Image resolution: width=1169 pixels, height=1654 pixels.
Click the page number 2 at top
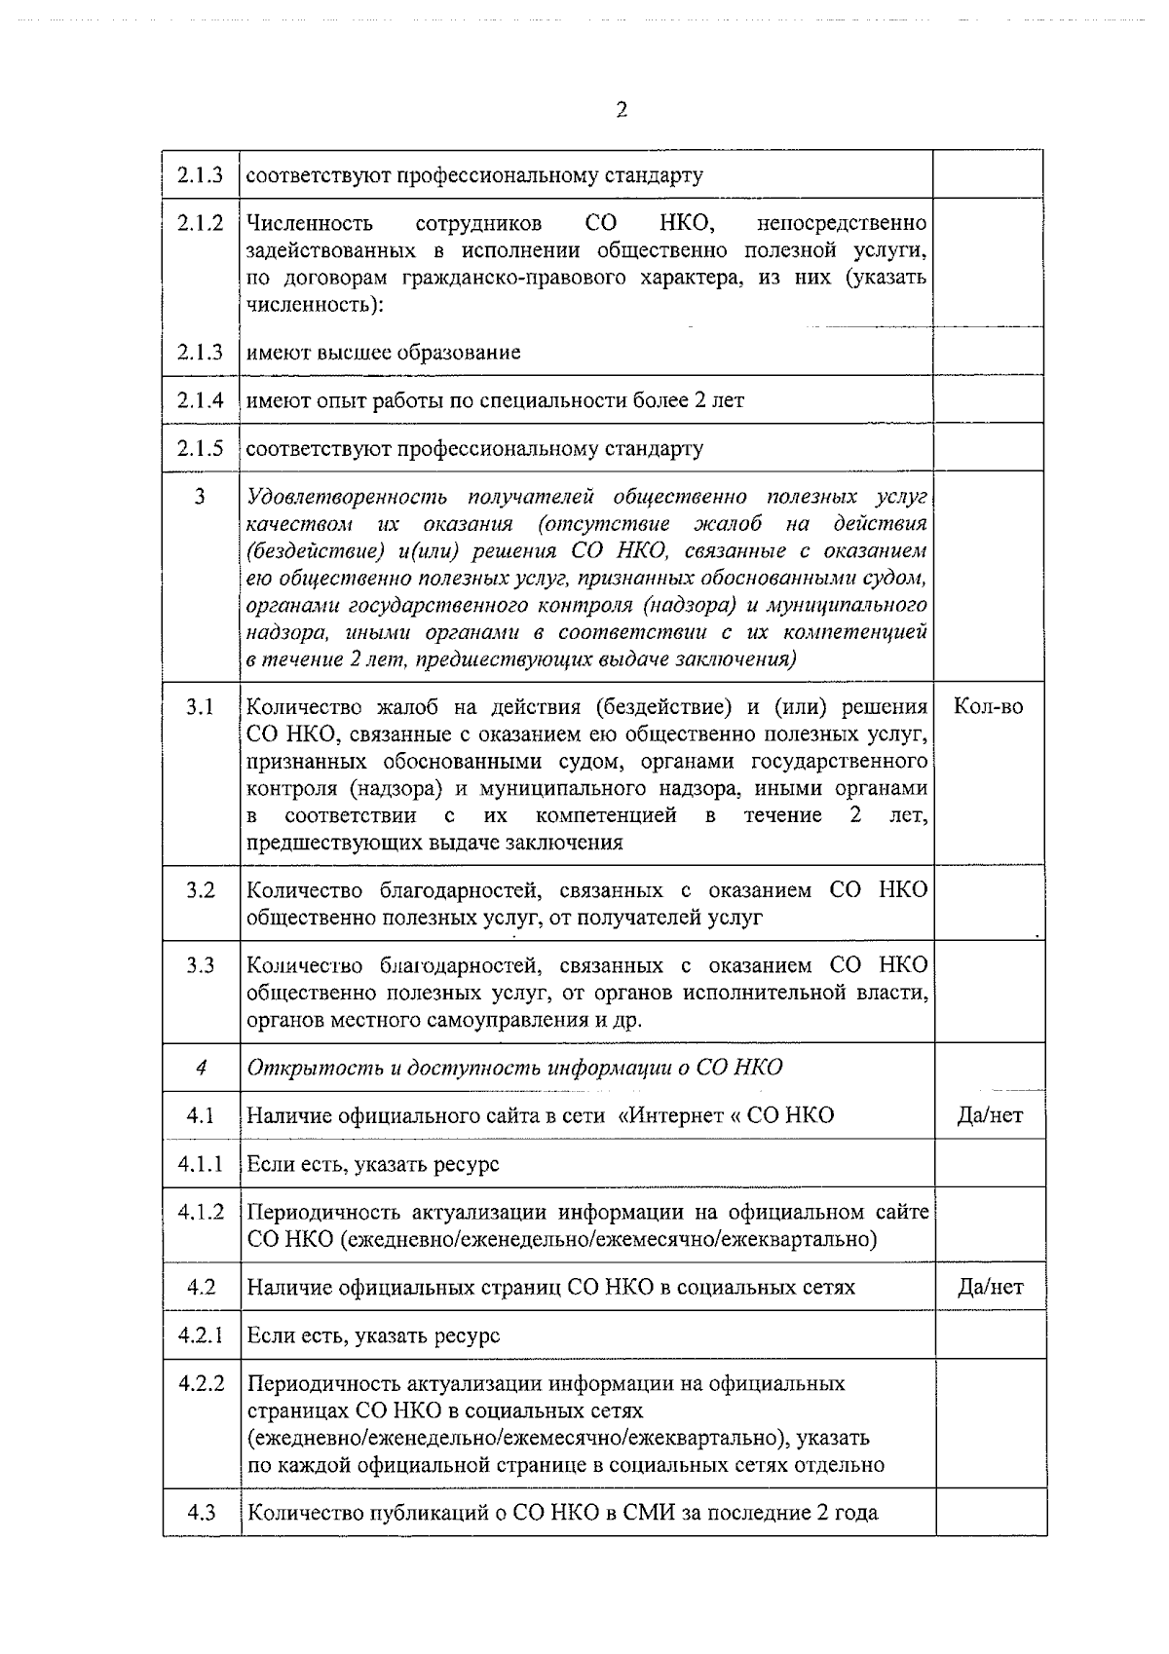click(x=622, y=110)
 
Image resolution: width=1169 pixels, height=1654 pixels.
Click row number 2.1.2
click(x=201, y=223)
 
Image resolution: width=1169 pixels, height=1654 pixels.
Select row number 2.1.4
click(x=201, y=400)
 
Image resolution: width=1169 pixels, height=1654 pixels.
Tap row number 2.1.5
click(x=201, y=449)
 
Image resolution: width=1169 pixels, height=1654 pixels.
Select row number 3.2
click(x=201, y=890)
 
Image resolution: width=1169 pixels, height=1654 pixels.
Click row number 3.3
click(x=201, y=965)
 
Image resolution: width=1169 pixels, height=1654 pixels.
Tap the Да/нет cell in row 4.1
click(x=990, y=1116)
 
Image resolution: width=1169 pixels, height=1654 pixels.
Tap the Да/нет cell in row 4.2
click(x=990, y=1288)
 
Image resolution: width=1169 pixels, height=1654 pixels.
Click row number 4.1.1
click(x=201, y=1164)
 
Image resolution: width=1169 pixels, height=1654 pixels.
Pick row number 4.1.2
click(x=201, y=1213)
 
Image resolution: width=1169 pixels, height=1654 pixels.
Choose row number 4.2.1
click(x=201, y=1335)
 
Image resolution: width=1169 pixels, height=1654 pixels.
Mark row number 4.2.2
click(x=201, y=1383)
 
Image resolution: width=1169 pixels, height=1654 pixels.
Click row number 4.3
click(x=201, y=1513)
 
